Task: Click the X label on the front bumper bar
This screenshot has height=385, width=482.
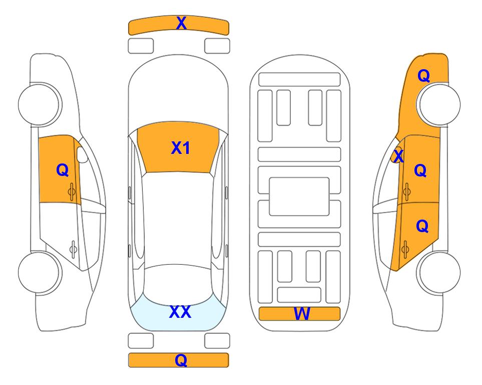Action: coord(181,23)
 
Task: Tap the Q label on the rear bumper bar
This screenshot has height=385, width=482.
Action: coord(181,360)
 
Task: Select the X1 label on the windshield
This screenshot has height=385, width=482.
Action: coord(181,148)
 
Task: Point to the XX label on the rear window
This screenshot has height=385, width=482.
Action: coord(180,312)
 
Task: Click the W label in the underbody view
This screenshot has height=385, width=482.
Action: coord(302,314)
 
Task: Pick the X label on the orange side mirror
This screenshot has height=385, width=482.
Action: coord(398,155)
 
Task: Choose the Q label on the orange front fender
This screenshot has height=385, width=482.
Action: coord(423,76)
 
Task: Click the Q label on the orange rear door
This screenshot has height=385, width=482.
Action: coord(422,227)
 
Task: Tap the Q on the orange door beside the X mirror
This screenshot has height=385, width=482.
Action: coord(420,170)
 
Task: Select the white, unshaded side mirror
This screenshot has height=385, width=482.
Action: coord(82,154)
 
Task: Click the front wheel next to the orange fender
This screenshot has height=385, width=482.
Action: coord(438,104)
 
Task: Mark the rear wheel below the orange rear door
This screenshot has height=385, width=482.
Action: coord(438,272)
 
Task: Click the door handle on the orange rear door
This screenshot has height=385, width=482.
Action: coord(405,249)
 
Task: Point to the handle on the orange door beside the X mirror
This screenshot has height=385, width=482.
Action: coord(406,191)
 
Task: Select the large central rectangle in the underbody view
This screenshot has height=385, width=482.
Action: coord(299,197)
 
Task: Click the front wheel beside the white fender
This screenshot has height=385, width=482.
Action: coord(40,104)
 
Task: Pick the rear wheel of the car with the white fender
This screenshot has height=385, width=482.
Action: coord(40,272)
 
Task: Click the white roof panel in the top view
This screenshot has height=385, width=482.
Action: coord(178,219)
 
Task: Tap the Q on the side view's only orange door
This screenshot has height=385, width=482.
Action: coord(63,170)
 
